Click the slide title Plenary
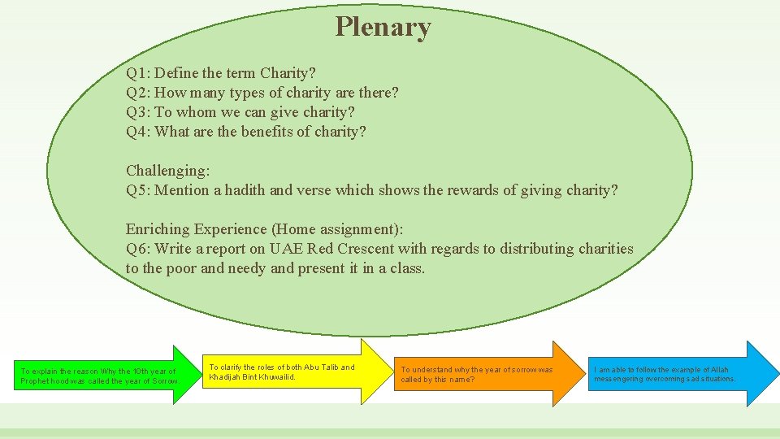click(383, 27)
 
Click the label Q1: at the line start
click(138, 73)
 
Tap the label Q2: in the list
click(138, 93)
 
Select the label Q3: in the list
click(138, 112)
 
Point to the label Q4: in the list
click(138, 132)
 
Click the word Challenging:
click(168, 171)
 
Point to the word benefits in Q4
click(271, 132)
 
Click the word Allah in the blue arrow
click(721, 370)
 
